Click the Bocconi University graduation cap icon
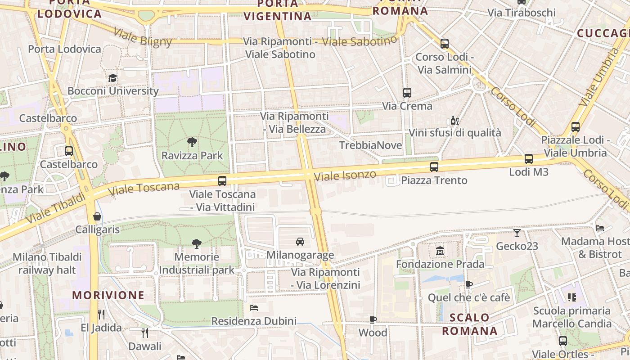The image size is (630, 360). click(x=112, y=78)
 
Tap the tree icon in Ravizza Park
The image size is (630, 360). click(x=192, y=143)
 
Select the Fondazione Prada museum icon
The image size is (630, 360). click(x=440, y=251)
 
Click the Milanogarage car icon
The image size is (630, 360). click(x=300, y=242)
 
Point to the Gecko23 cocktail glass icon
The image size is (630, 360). click(x=517, y=233)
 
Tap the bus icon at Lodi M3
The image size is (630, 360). click(x=529, y=159)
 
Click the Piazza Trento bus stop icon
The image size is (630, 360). click(x=434, y=167)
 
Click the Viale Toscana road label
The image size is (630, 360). click(x=144, y=189)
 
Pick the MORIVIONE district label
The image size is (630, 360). click(x=108, y=296)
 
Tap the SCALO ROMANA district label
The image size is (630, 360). click(x=470, y=324)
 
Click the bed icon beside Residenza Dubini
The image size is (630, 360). click(x=254, y=308)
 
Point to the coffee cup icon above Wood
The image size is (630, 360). click(x=373, y=319)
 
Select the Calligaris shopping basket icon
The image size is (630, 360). click(x=97, y=216)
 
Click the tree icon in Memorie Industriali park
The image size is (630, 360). click(x=196, y=244)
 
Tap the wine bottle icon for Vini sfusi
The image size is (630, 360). click(x=454, y=120)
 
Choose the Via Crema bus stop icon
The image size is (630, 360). click(x=407, y=93)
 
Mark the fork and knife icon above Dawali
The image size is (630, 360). click(x=145, y=333)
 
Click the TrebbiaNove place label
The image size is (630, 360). click(x=370, y=145)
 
